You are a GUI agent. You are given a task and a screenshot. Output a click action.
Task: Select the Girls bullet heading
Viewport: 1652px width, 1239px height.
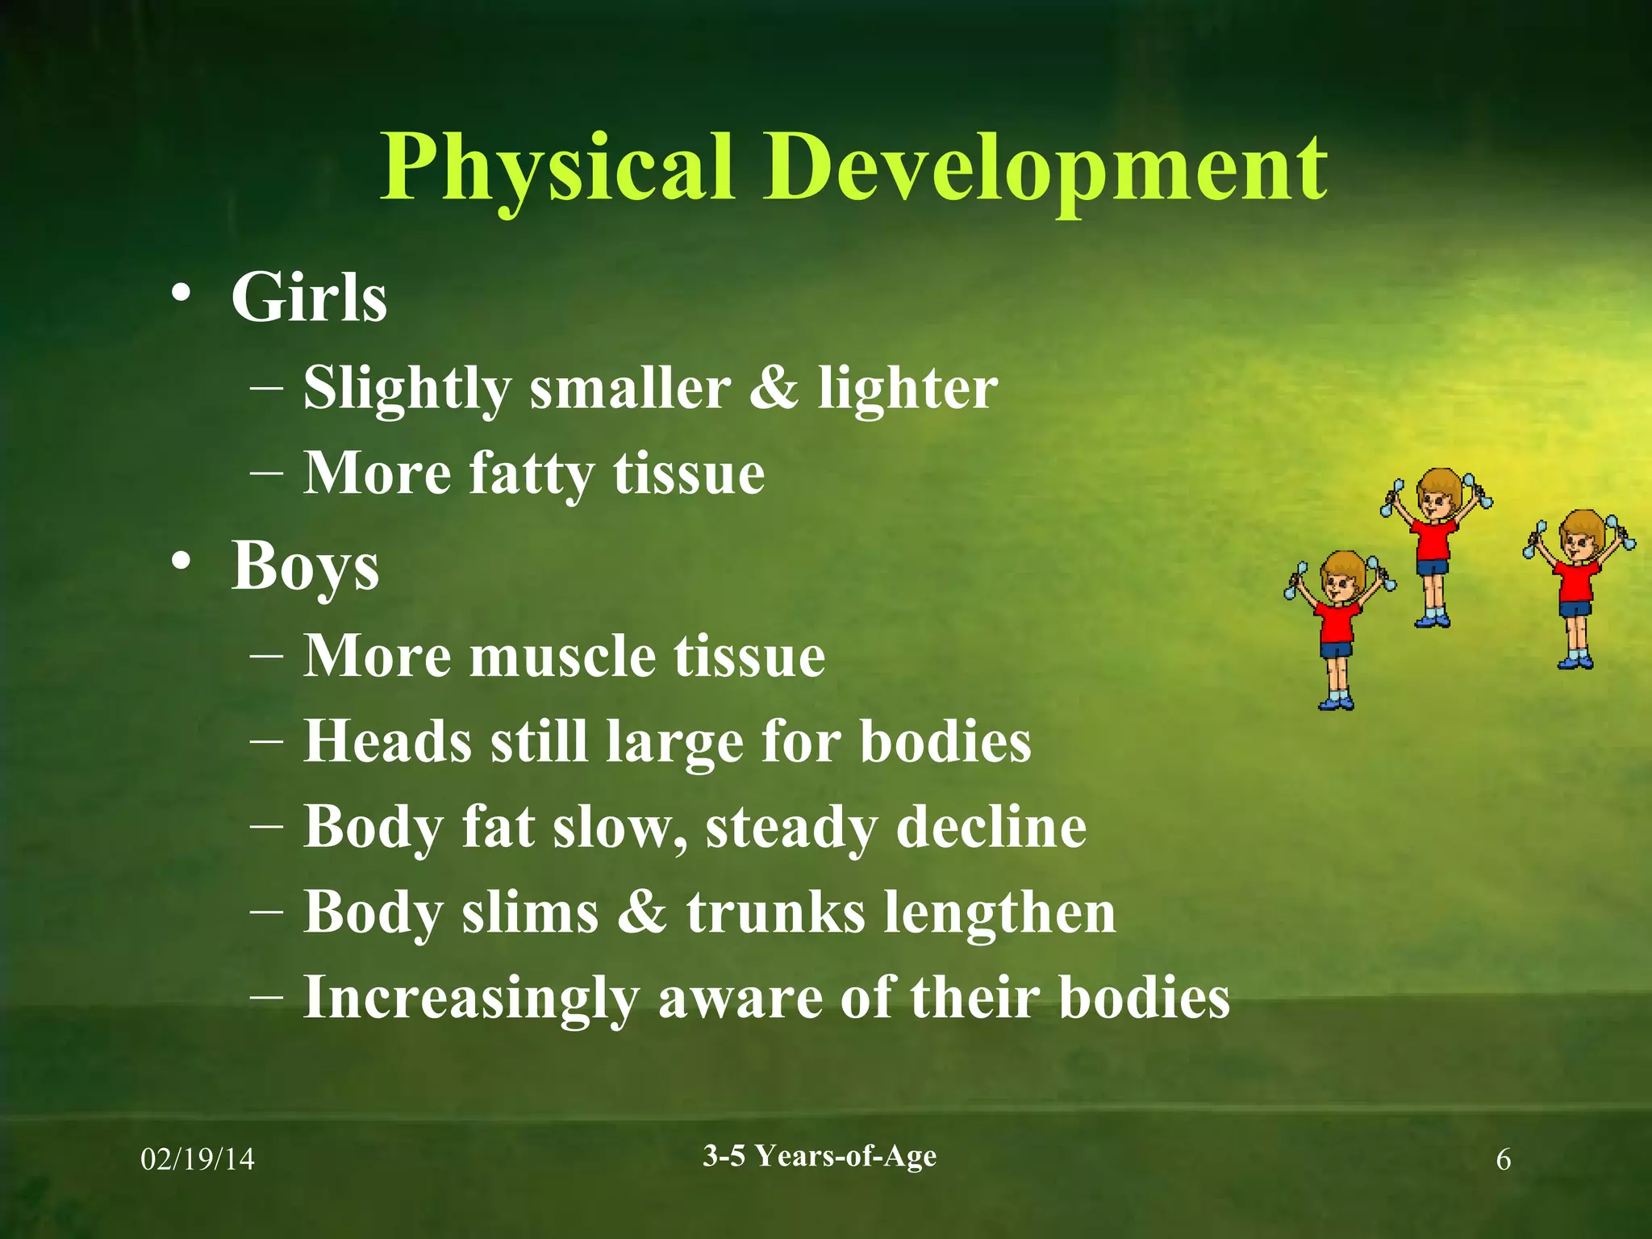click(x=309, y=298)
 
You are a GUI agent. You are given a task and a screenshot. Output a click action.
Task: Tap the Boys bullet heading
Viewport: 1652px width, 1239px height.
click(x=305, y=566)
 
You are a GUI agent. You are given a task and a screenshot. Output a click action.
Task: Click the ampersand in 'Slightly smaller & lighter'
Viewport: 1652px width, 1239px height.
click(x=774, y=387)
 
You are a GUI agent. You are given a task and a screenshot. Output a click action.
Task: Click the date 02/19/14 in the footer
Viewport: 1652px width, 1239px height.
click(x=198, y=1160)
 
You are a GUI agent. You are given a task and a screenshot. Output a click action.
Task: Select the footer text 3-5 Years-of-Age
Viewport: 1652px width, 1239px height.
click(x=820, y=1156)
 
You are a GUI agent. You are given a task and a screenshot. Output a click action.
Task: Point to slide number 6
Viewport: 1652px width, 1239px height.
click(x=1504, y=1160)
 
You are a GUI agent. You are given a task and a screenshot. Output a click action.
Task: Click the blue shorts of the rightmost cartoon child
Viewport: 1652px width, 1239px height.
click(x=1575, y=607)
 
